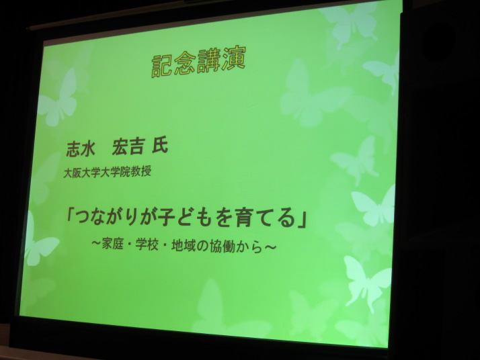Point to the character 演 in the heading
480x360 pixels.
[x=235, y=59]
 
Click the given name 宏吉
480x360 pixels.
[x=127, y=147]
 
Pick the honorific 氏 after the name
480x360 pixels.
[x=160, y=146]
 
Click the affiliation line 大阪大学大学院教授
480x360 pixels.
[x=107, y=172]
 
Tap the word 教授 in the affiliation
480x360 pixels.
[x=141, y=171]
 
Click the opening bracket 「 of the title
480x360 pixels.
[x=69, y=216]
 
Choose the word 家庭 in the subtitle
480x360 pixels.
[x=112, y=244]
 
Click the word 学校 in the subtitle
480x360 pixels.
[x=147, y=244]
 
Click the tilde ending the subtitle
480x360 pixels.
[x=270, y=247]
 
